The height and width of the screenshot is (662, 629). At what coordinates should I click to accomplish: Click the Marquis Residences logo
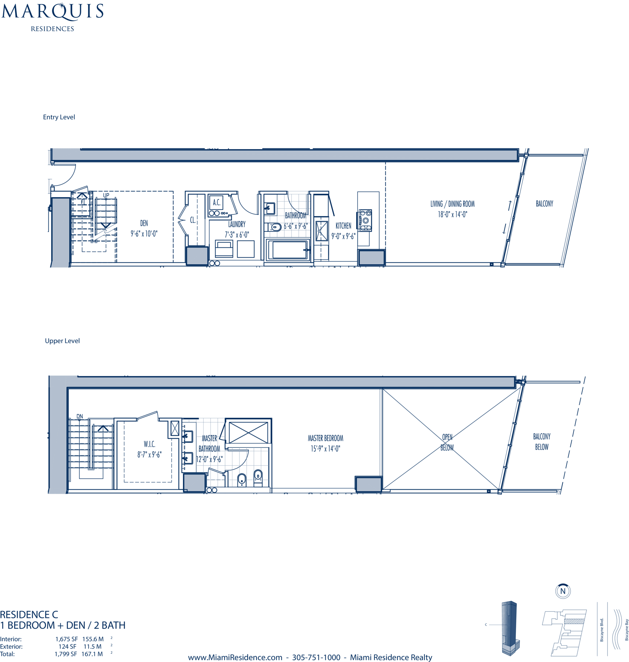point(52,17)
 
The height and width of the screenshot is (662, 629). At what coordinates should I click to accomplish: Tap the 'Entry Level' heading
point(59,117)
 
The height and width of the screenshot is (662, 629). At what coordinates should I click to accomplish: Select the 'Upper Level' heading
point(62,341)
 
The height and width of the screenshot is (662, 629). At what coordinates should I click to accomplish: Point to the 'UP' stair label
point(106,195)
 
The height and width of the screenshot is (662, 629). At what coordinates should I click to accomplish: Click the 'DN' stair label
point(80,416)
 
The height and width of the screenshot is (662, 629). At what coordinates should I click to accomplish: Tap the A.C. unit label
point(216,203)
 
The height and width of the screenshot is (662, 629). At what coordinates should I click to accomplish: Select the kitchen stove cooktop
point(364,220)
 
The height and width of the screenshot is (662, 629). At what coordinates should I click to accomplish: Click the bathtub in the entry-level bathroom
point(288,250)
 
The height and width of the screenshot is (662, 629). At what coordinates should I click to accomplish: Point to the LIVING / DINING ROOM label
point(452,209)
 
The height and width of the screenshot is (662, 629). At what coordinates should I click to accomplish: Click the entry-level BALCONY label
point(544,204)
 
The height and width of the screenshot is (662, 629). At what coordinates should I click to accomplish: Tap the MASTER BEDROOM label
point(325,443)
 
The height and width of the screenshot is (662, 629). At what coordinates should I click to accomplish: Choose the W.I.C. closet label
point(149,449)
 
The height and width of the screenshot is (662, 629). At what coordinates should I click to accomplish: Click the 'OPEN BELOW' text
point(447,442)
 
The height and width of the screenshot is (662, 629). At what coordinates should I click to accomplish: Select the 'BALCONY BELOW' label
point(542,441)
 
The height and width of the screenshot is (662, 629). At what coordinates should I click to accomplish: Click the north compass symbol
point(563,591)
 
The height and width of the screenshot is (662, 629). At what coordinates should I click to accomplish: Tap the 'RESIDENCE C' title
point(29,615)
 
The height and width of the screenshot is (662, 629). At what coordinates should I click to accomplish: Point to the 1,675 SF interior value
point(66,639)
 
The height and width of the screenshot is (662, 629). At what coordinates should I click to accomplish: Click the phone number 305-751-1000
point(316,657)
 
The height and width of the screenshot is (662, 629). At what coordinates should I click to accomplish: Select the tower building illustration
point(510,628)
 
